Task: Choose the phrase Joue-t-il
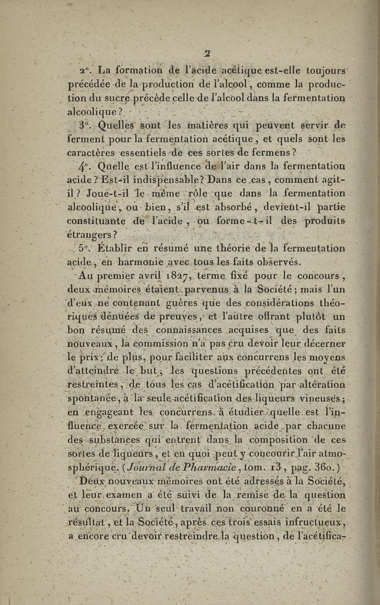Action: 95,195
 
